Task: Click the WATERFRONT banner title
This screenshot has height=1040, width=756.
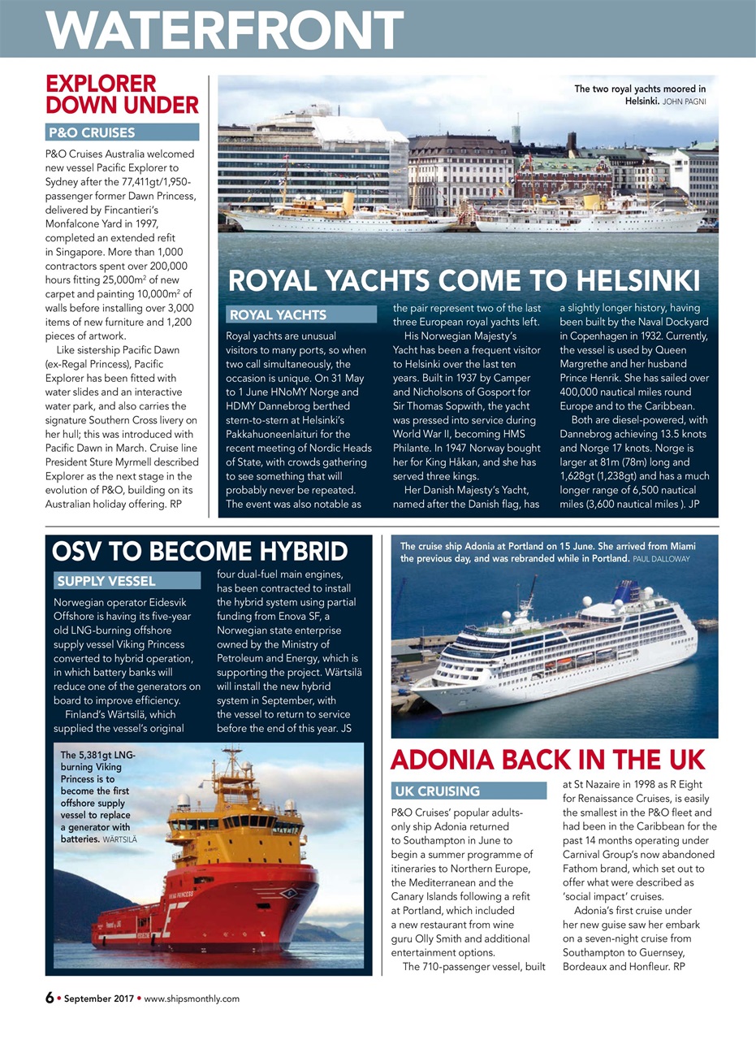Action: click(224, 29)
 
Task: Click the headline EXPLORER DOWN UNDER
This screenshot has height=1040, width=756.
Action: click(122, 94)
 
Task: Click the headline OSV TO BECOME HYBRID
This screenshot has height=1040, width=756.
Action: click(200, 552)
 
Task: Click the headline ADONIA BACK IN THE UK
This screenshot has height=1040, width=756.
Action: click(547, 759)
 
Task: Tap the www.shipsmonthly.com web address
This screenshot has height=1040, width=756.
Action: click(192, 999)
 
